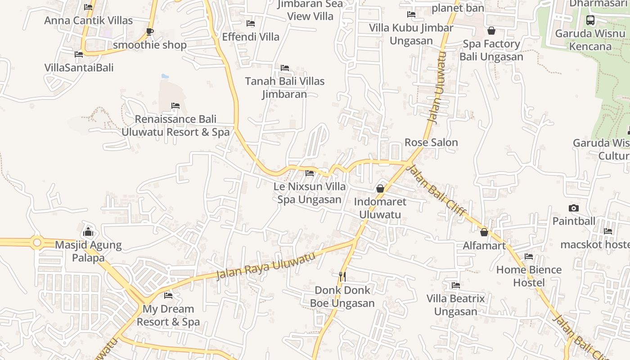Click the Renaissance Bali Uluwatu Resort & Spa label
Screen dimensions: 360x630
175,126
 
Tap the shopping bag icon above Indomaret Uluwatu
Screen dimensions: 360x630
380,188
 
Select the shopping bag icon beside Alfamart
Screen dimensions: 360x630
484,232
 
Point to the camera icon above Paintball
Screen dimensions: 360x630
573,208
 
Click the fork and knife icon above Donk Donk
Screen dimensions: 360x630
342,276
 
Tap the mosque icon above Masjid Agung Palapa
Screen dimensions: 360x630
88,232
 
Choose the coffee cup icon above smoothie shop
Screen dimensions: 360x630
150,31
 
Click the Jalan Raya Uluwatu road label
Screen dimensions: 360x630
265,266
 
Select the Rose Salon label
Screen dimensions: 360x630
431,142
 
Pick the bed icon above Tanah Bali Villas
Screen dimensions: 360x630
284,68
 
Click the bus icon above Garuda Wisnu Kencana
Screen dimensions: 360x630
590,20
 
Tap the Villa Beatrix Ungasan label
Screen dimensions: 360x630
456,305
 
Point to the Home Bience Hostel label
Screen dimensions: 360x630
529,276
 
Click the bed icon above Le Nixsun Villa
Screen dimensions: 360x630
309,173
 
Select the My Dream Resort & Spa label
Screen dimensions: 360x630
168,315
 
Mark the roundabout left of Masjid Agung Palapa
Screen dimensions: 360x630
37,243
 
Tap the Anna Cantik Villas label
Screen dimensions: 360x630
88,20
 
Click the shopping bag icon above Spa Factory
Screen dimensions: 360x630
491,31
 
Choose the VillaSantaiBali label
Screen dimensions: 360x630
79,67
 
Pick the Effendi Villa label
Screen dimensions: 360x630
251,36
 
